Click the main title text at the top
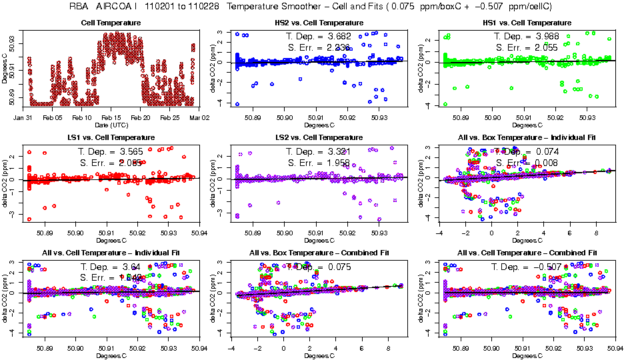(313, 7)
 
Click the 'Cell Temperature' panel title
(111, 23)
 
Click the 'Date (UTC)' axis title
(111, 125)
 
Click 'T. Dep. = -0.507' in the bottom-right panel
(529, 266)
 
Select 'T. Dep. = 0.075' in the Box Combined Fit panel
(320, 266)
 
